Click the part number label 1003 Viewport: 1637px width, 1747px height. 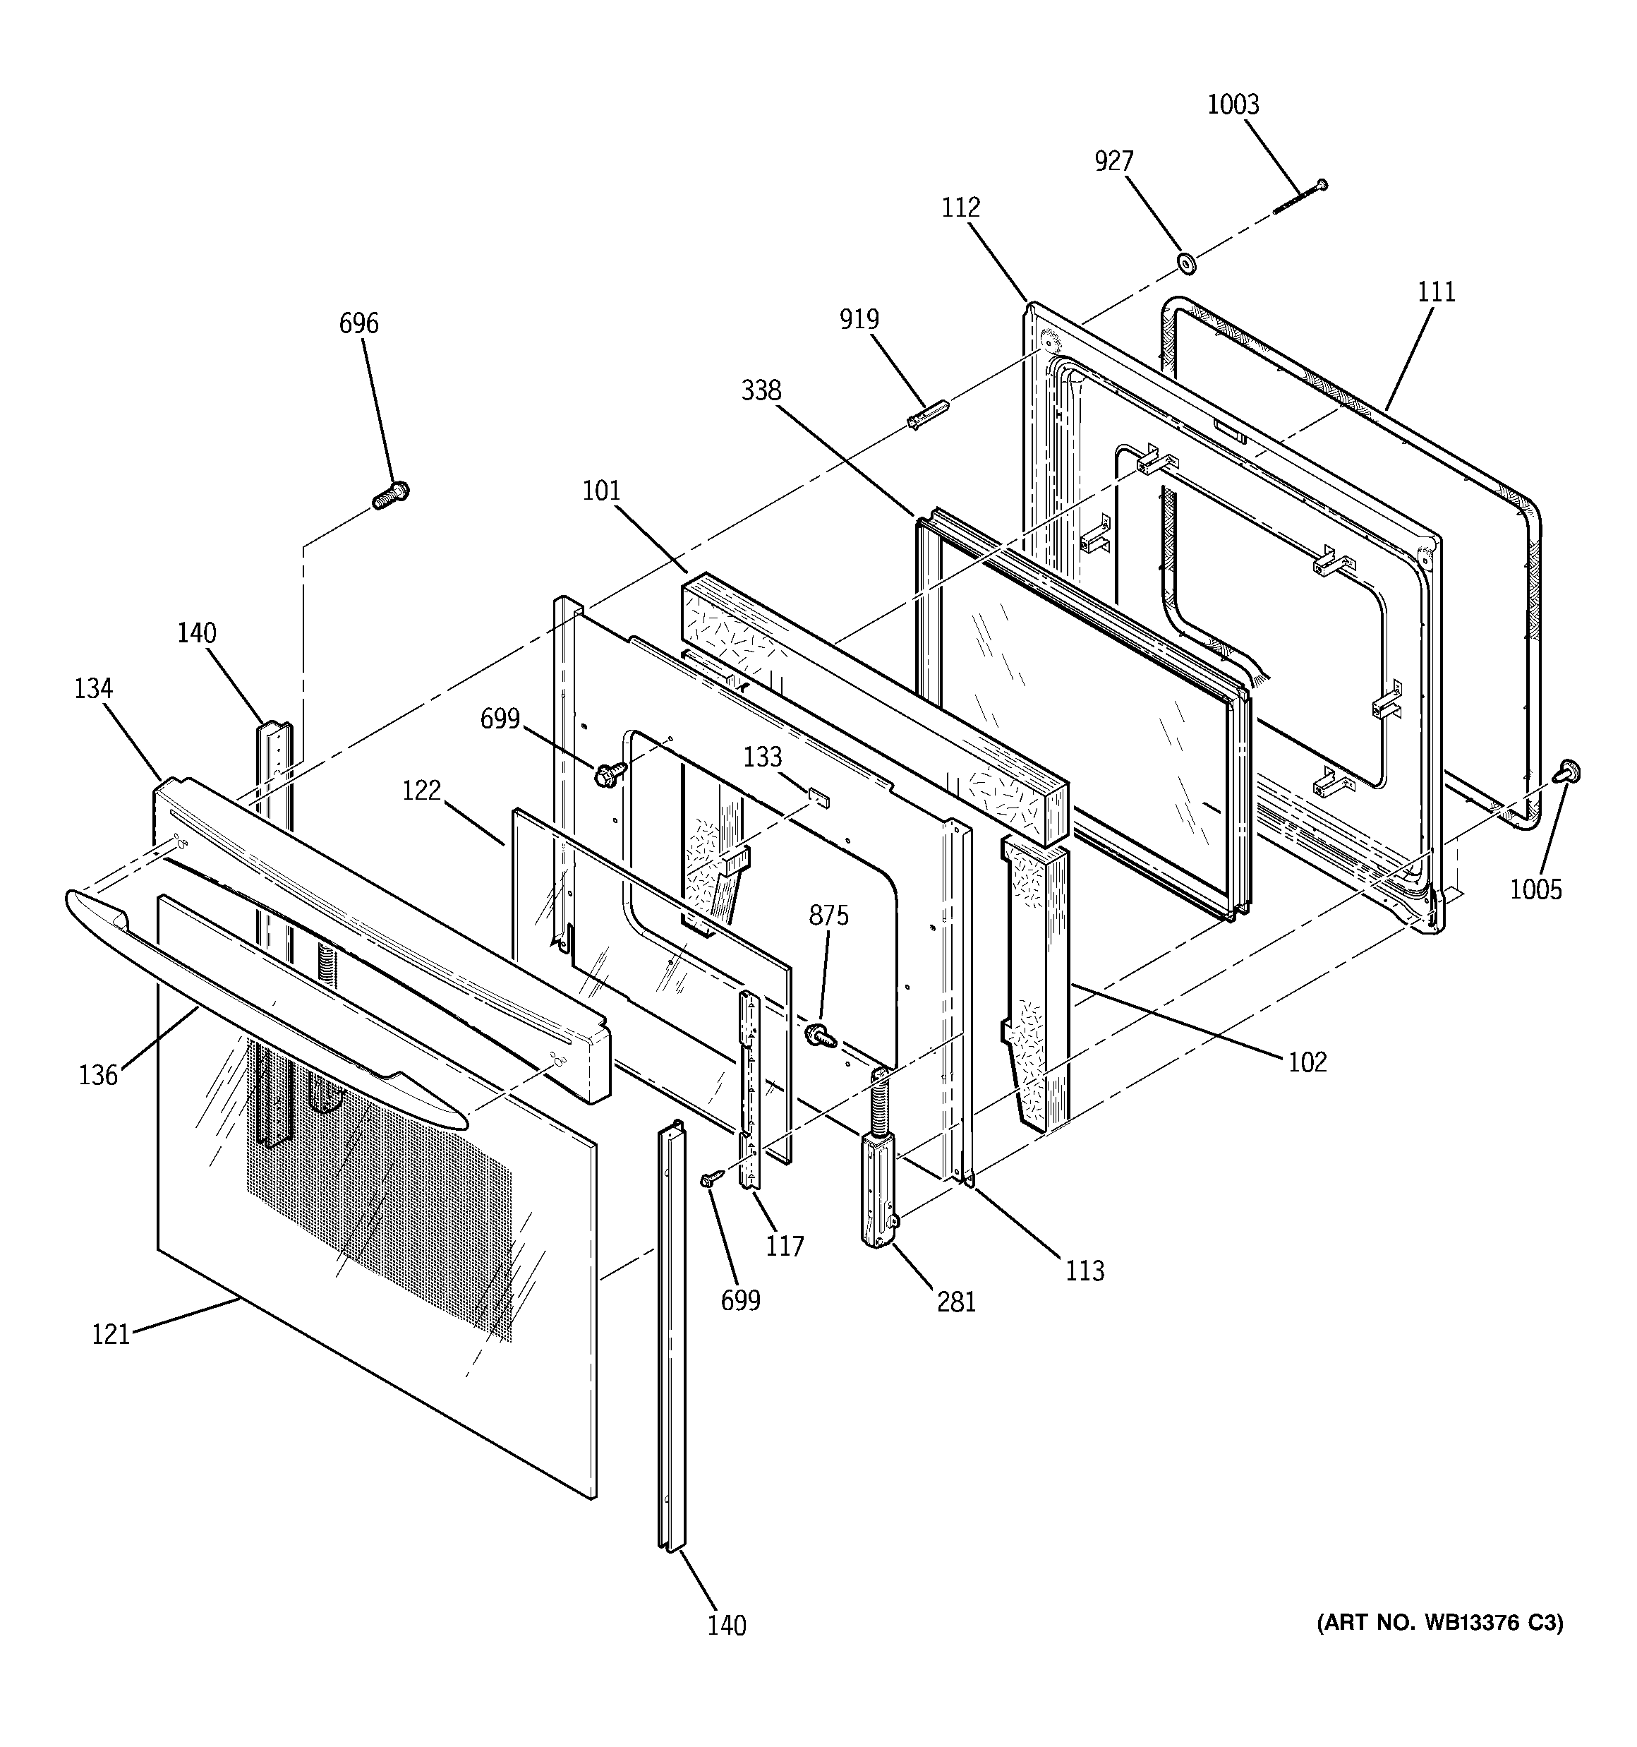[x=1232, y=104]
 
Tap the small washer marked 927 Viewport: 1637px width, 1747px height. [x=1187, y=262]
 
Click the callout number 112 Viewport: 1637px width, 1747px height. [x=960, y=208]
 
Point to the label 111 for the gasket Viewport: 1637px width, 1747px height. [x=1436, y=292]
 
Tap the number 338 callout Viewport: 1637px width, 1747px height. [x=761, y=390]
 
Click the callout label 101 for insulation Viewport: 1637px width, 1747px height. [x=601, y=491]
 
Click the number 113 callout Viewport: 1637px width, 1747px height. [x=1085, y=1271]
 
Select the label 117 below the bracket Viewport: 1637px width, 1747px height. [x=785, y=1246]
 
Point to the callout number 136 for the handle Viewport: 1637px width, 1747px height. [x=97, y=1075]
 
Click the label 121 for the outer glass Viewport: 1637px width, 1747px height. [x=110, y=1334]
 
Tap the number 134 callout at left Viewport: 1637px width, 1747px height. [x=93, y=688]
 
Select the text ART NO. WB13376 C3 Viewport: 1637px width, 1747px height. [x=1439, y=1623]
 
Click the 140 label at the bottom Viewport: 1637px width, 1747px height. [x=727, y=1626]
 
